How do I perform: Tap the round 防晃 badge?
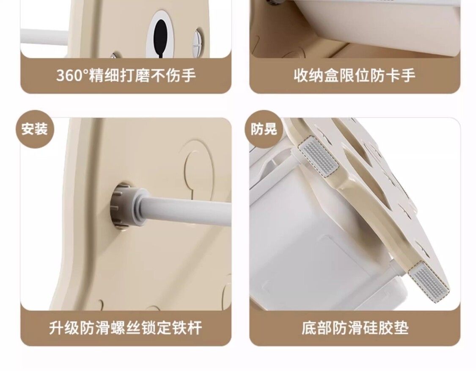(264, 129)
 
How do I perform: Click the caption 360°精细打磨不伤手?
(126, 75)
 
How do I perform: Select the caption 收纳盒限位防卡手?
(355, 75)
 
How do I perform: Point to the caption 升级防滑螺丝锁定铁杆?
(126, 328)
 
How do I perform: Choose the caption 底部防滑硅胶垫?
(355, 328)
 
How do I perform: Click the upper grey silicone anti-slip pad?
(318, 156)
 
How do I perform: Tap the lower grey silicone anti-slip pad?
(429, 282)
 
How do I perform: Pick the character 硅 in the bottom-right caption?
(370, 328)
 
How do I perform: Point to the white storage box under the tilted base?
(319, 240)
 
